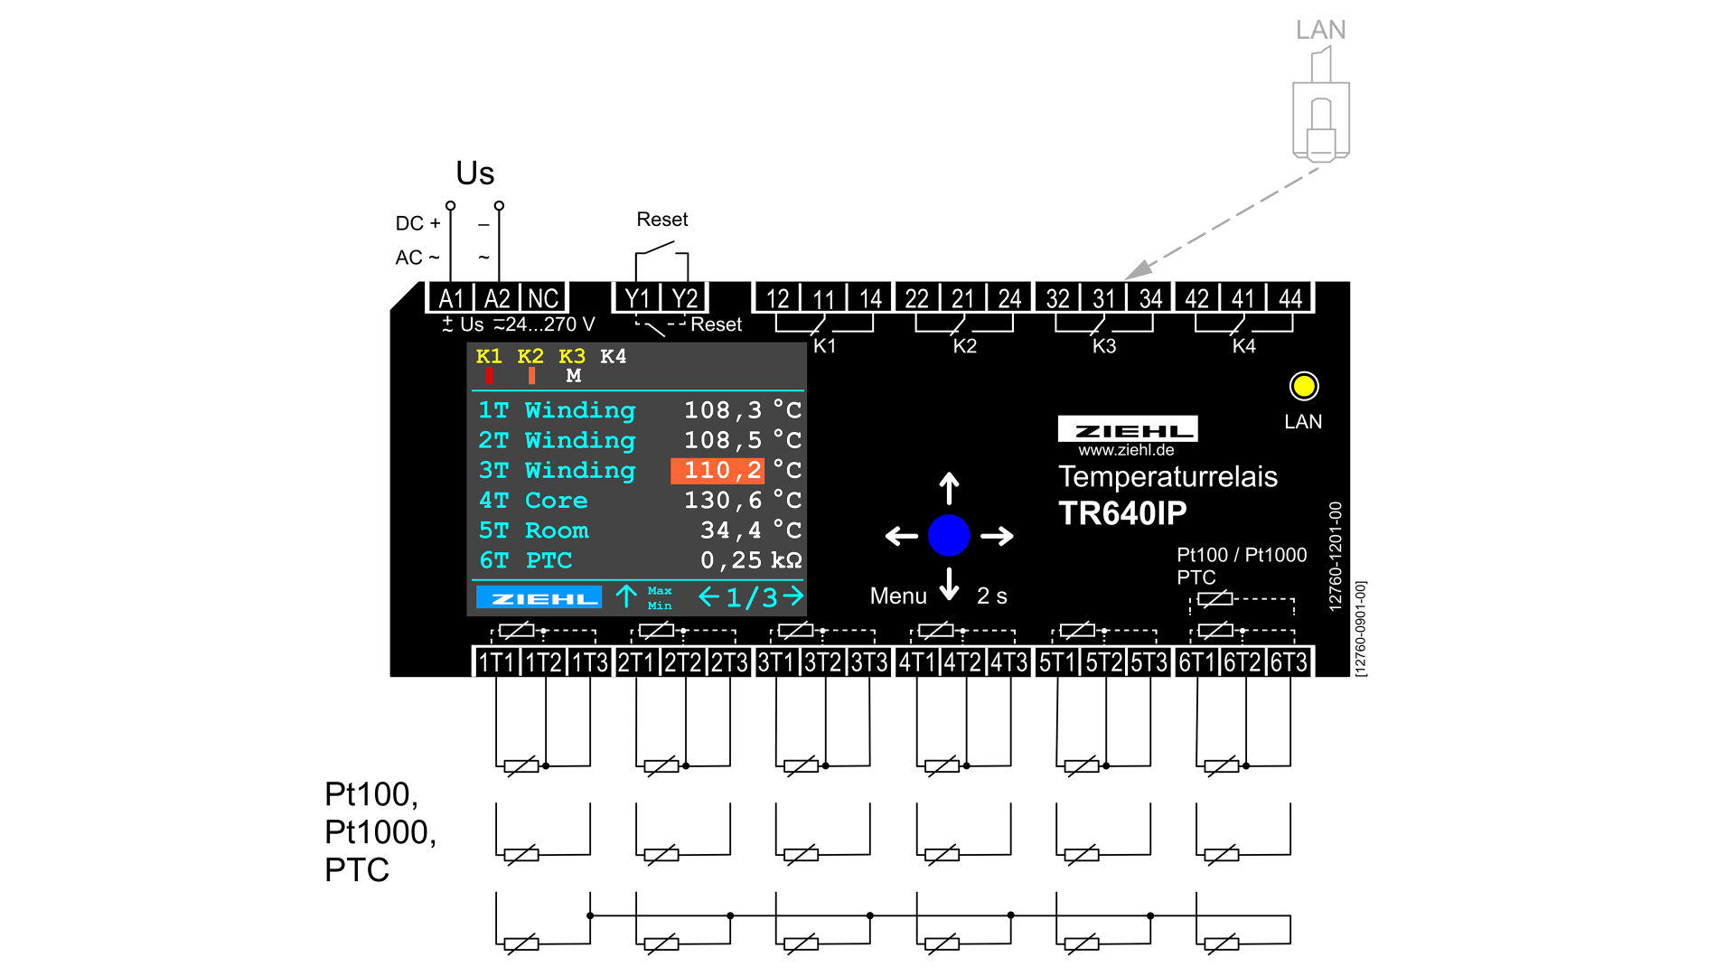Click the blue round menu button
pyautogui.click(x=949, y=535)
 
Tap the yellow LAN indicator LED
pyautogui.click(x=1303, y=387)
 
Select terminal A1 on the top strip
pyautogui.click(x=451, y=298)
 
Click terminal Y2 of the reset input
pyautogui.click(x=684, y=298)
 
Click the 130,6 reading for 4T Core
pyautogui.click(x=721, y=500)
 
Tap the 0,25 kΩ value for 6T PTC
pyautogui.click(x=750, y=560)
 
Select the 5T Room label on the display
pyautogui.click(x=533, y=530)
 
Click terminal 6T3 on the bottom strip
pyautogui.click(x=1289, y=662)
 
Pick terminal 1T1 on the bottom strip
pyautogui.click(x=496, y=662)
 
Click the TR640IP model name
pyautogui.click(x=1122, y=513)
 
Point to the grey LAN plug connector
pyautogui.click(x=1320, y=117)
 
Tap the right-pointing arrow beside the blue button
pyautogui.click(x=997, y=536)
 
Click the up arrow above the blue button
pyautogui.click(x=949, y=488)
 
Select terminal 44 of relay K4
pyautogui.click(x=1290, y=298)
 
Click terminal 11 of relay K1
pyautogui.click(x=823, y=298)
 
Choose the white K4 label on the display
pyautogui.click(x=613, y=356)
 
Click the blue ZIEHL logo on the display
pyautogui.click(x=539, y=597)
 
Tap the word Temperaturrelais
pyautogui.click(x=1168, y=476)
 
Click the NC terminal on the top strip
pyautogui.click(x=543, y=298)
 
